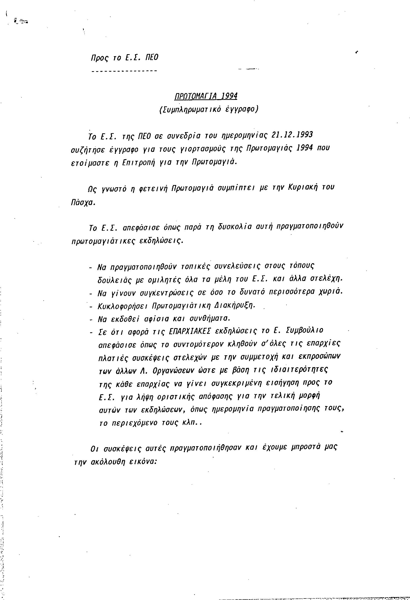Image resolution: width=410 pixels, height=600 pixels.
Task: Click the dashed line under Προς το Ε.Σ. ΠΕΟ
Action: pos(124,71)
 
